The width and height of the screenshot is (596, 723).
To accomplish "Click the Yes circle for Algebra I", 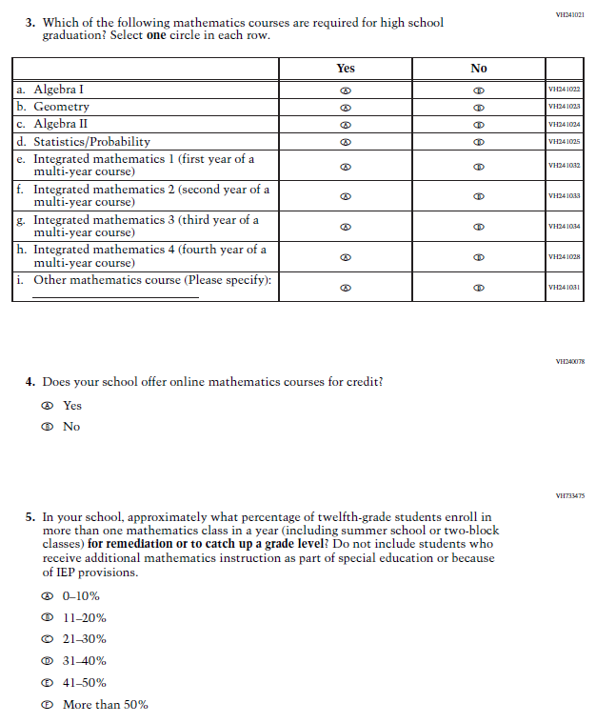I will (346, 90).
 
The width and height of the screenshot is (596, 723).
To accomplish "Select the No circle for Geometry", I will (479, 108).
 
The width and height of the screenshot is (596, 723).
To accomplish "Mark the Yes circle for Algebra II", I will (346, 125).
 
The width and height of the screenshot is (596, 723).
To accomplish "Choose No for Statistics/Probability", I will (479, 142).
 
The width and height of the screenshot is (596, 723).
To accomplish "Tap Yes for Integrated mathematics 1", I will (346, 166).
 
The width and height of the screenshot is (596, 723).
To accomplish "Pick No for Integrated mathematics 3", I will (479, 227).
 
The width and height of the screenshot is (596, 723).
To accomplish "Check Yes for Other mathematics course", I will (346, 287).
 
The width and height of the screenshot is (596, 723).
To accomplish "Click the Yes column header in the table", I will (346, 68).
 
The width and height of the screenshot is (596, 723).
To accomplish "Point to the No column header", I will (479, 68).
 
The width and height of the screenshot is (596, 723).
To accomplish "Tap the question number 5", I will (30, 517).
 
